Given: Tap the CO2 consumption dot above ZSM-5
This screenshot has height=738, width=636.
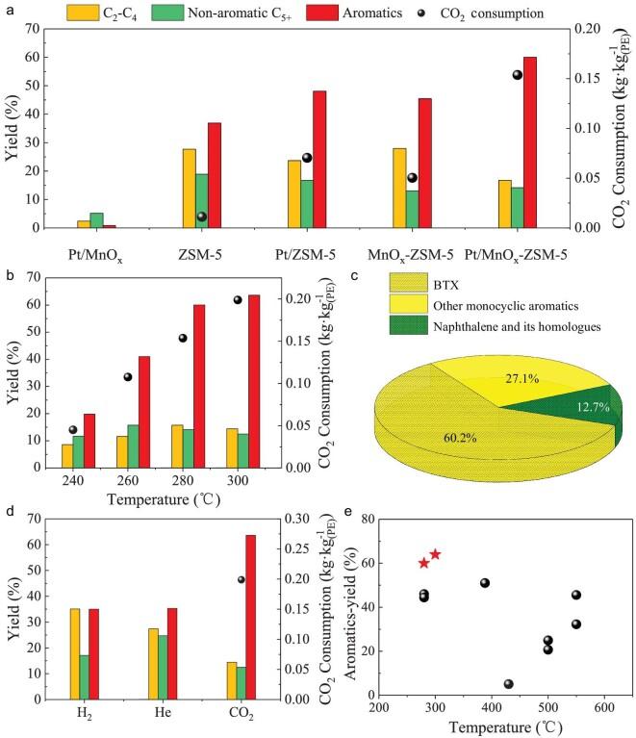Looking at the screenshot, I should coord(202,216).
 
